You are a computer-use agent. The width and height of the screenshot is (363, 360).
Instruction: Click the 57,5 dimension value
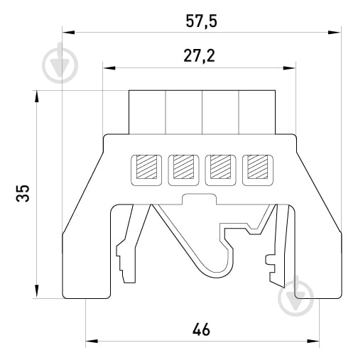click(x=201, y=21)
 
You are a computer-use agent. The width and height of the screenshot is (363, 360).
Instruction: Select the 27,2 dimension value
click(x=200, y=56)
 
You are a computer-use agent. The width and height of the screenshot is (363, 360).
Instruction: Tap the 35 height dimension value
click(x=23, y=193)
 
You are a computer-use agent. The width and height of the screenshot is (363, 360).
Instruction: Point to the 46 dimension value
click(x=201, y=329)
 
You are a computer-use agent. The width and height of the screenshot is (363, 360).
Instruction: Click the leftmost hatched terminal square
click(x=146, y=167)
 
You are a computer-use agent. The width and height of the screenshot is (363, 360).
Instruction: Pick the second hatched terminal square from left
click(x=183, y=167)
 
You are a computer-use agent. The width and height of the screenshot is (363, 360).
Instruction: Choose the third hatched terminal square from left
click(x=220, y=167)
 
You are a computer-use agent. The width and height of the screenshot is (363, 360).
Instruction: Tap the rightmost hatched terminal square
click(x=258, y=167)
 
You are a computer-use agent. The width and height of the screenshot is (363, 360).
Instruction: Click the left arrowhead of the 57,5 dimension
click(x=68, y=33)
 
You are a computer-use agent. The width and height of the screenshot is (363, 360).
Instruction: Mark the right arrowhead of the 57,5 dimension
click(x=334, y=33)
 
